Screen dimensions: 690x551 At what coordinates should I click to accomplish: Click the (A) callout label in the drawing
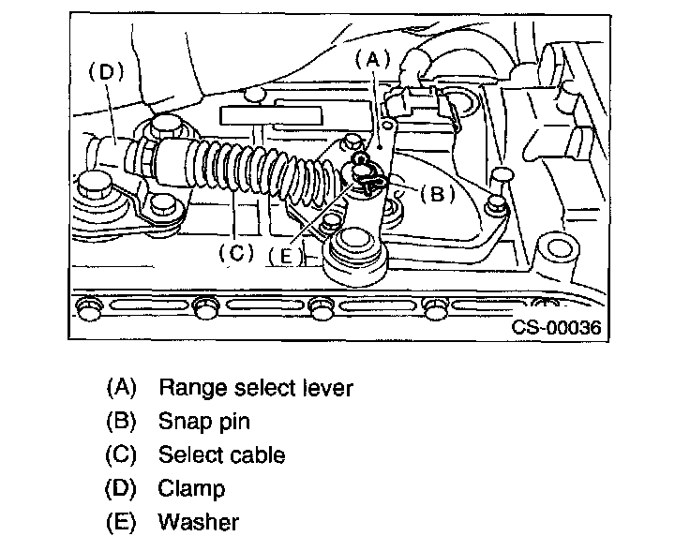point(372,59)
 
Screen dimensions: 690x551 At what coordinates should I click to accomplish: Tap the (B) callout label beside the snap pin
point(437,193)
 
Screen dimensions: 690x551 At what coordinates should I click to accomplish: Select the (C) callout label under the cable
point(236,252)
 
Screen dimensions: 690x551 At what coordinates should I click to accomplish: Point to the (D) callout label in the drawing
point(107,71)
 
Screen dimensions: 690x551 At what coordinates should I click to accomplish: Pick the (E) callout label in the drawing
point(286,256)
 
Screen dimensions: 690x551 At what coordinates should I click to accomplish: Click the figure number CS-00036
point(556,327)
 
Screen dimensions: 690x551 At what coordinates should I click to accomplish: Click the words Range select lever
point(256,388)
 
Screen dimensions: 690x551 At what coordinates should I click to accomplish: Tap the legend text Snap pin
point(204,422)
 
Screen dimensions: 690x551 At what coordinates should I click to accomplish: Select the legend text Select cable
point(222,454)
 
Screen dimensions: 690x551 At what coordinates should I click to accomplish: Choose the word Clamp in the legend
point(191,488)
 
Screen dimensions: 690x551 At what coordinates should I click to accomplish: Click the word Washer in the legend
point(199,522)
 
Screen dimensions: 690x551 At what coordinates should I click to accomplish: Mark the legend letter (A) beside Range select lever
point(122,388)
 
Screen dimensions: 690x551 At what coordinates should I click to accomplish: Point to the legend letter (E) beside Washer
point(121,522)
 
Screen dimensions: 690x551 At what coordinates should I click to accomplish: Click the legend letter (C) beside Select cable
point(121,454)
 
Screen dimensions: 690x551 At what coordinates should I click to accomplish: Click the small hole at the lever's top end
point(387,127)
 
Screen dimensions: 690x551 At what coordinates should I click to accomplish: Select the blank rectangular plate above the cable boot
point(271,115)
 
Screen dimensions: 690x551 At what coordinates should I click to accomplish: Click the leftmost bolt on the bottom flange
point(88,306)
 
